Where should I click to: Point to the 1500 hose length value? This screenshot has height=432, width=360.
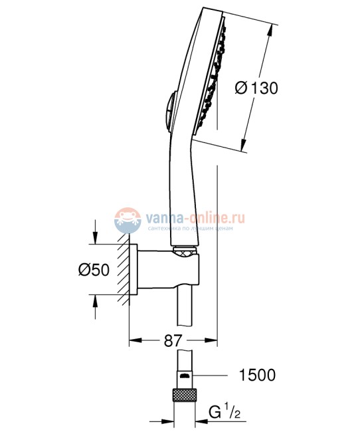pyautogui.click(x=257, y=376)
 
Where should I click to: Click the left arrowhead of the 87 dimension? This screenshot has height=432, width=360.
pyautogui.click(x=134, y=342)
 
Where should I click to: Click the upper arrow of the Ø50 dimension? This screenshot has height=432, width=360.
pyautogui.click(x=96, y=240)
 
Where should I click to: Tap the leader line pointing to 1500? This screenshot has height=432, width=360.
pyautogui.click(x=213, y=376)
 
